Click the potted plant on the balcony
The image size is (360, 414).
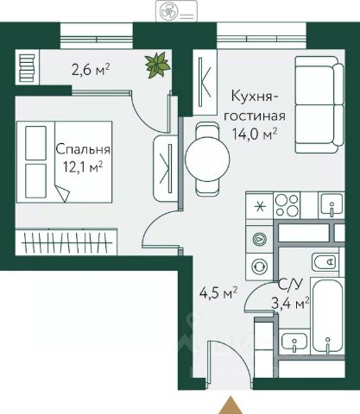click(x=157, y=65)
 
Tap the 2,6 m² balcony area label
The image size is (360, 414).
click(x=91, y=69)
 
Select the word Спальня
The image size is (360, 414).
click(x=83, y=149)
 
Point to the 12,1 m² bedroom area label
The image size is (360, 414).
click(x=83, y=167)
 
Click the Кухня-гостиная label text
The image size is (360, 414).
click(x=255, y=106)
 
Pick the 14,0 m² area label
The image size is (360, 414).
click(x=255, y=134)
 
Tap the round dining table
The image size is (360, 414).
click(x=207, y=159)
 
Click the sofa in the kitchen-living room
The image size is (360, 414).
click(x=319, y=105)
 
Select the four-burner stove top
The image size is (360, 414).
click(x=287, y=206)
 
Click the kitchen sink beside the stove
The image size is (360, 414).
click(x=332, y=204)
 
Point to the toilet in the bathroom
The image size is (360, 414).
click(x=325, y=262)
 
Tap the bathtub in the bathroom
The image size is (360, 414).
click(x=328, y=317)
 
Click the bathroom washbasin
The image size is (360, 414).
click(x=294, y=342)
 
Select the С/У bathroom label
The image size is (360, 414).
click(x=291, y=285)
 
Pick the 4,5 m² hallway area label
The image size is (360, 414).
click(x=218, y=293)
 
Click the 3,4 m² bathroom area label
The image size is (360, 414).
click(x=291, y=304)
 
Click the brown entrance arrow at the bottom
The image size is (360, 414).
click(x=231, y=405)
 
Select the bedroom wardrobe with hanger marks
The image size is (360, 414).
click(x=66, y=241)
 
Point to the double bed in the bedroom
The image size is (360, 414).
click(x=64, y=162)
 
